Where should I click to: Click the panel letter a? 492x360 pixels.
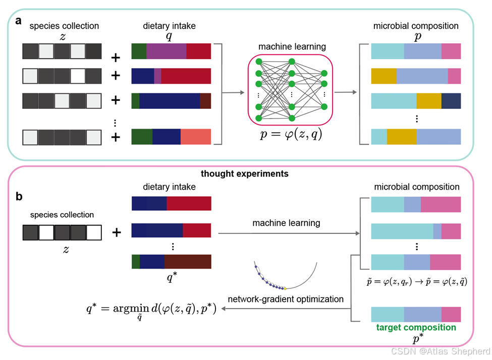pos(19,21)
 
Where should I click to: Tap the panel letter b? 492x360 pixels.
pos(19,196)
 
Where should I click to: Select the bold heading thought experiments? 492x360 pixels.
pos(244,174)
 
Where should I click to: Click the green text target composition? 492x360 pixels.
pos(416,327)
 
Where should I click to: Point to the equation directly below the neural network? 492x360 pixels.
pos(291,134)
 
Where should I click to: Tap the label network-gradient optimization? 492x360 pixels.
pos(286,299)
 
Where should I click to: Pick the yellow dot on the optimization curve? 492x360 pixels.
pos(285,288)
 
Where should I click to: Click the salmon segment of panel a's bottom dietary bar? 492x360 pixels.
pos(196,137)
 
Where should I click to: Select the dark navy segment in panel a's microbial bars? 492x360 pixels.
pos(451,101)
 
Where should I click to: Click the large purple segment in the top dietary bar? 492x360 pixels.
pos(167,51)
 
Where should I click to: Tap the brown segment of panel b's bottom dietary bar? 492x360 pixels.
pos(188,262)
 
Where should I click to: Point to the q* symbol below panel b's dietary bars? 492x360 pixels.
pos(172,277)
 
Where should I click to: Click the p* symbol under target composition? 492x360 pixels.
pos(418,339)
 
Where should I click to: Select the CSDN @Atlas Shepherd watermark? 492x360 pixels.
pos(441,351)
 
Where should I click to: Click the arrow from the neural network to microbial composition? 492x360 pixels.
pos(346,92)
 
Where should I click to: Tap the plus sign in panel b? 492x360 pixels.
pos(117,232)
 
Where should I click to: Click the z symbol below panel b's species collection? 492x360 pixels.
pos(66,250)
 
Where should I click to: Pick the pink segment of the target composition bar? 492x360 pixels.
pos(451,315)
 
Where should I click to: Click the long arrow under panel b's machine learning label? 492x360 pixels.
pos(289,233)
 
